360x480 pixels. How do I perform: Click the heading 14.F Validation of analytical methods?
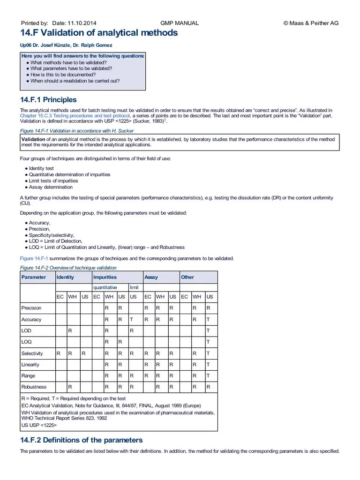click(x=99, y=33)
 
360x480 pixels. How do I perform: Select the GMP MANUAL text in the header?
click(x=180, y=23)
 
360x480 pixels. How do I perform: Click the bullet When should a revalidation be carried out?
click(x=75, y=81)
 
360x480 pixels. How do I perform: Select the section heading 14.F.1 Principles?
click(x=48, y=100)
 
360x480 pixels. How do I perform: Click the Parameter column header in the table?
click(x=34, y=277)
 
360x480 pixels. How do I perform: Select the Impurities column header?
click(x=105, y=277)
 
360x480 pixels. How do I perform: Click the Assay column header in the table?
click(x=151, y=277)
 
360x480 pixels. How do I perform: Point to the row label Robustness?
click(x=34, y=387)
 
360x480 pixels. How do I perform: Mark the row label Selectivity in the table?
click(x=32, y=353)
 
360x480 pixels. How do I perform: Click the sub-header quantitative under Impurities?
click(x=105, y=287)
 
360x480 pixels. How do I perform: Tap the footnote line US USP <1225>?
click(x=39, y=425)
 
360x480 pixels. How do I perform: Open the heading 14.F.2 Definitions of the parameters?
click(x=81, y=440)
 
